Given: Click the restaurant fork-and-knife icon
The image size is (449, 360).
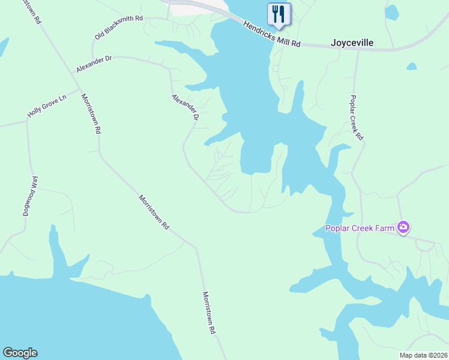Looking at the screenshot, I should (279, 13).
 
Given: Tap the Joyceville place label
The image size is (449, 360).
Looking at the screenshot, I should (352, 43).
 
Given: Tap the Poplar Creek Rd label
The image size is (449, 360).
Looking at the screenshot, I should (357, 118).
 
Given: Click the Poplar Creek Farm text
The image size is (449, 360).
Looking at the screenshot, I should (360, 228).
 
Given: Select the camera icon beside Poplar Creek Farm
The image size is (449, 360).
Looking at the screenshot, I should (403, 227).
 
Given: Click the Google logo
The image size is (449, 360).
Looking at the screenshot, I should (20, 353).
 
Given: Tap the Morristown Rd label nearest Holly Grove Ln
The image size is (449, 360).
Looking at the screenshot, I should (91, 113).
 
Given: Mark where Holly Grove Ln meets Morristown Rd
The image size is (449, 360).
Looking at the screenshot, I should (80, 92).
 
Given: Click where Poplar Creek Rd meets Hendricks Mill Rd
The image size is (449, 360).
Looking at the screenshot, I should (358, 49).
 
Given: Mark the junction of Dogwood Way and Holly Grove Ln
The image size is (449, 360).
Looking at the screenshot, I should (26, 121).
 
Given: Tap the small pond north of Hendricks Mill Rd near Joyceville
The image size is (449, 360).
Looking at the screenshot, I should (391, 12).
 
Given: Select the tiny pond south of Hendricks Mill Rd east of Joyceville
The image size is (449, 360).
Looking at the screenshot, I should (411, 67).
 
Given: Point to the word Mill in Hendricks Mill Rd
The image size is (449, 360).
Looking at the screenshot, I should (281, 39).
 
